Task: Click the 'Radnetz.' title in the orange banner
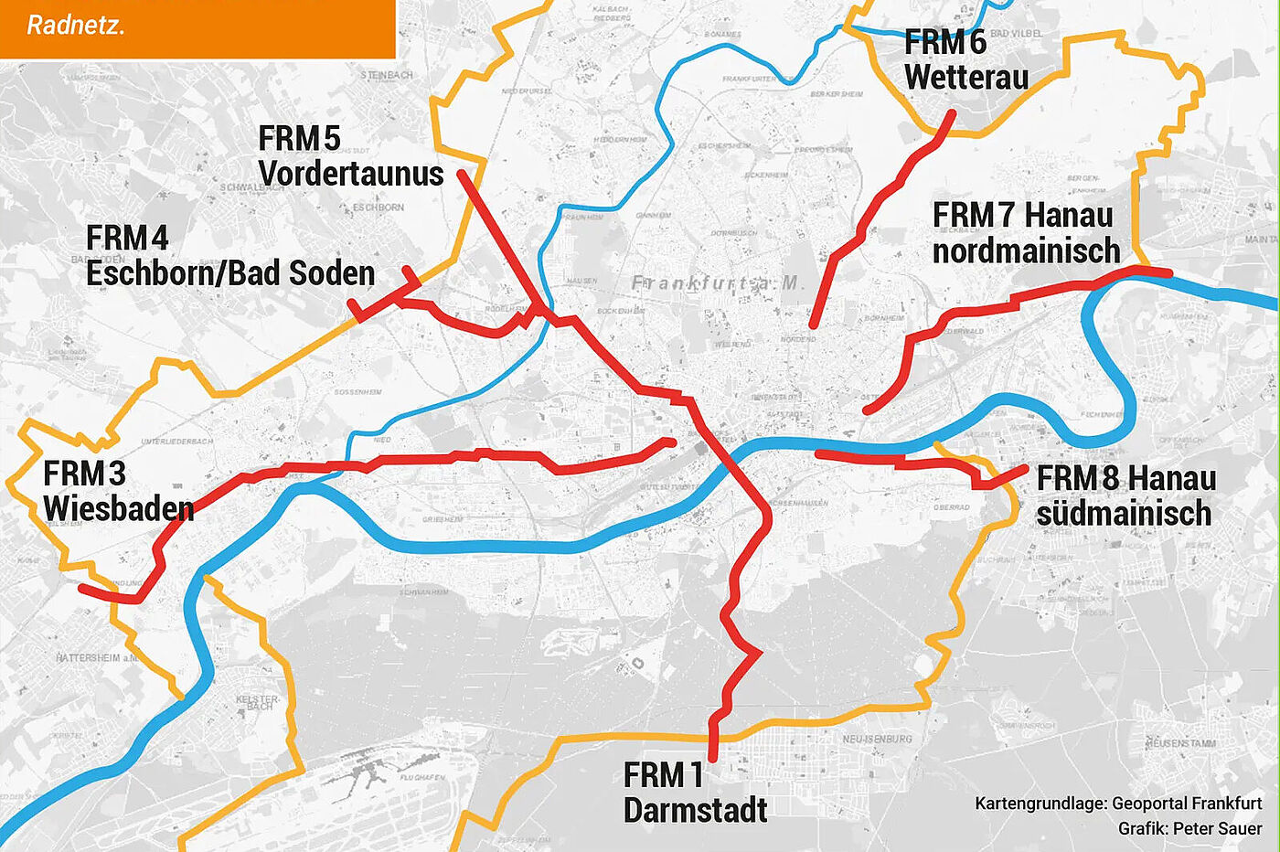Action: click(76, 25)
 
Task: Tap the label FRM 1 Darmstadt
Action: click(695, 793)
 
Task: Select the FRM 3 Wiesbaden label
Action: click(118, 491)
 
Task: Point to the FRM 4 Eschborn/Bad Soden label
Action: click(230, 256)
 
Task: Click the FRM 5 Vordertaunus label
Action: click(350, 156)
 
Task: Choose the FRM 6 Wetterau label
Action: click(966, 59)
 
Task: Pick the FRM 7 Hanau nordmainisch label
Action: click(1026, 232)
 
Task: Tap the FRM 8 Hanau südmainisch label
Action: click(1125, 495)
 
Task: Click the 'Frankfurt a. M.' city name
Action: click(716, 283)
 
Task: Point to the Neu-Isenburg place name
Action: click(877, 738)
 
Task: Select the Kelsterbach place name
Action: click(258, 703)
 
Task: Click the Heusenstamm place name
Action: click(1180, 743)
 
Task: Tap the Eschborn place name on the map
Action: click(378, 208)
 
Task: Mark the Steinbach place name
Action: click(387, 75)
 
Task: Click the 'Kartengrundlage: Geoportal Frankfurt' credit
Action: click(1118, 804)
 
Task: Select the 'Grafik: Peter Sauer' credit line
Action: click(1189, 828)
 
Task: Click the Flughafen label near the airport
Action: click(422, 778)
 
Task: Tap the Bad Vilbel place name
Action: click(1015, 33)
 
